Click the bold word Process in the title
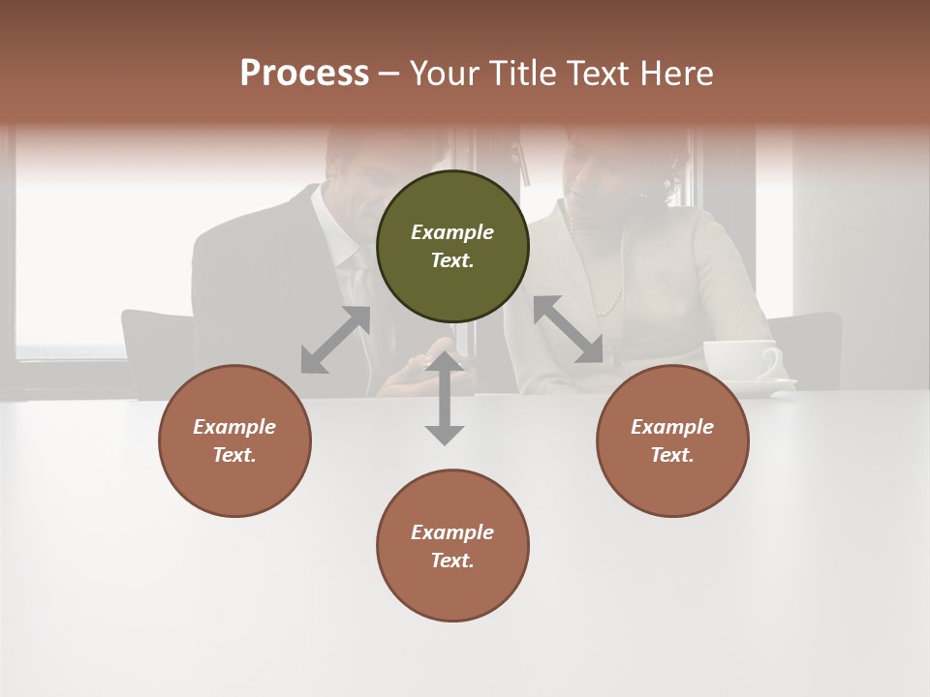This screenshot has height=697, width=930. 304,74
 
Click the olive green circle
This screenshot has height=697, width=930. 452,246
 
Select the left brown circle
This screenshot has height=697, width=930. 234,440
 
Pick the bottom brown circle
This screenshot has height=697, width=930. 452,546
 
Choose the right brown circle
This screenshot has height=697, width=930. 672,440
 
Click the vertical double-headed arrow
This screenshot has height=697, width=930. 444,398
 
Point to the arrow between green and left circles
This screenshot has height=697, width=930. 336,340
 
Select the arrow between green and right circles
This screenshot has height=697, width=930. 568,329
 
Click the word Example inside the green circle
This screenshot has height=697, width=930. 452,232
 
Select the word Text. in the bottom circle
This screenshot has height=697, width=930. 452,561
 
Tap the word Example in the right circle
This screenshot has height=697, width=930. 672,427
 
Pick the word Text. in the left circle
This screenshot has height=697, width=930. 234,455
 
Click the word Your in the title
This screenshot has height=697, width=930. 446,74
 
